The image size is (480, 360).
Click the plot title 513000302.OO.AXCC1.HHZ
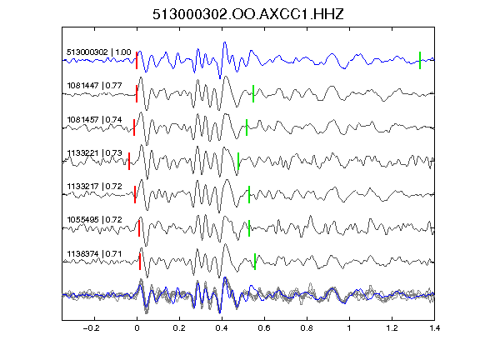248,14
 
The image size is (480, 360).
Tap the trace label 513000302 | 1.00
99,52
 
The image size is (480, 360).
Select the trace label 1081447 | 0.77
95,85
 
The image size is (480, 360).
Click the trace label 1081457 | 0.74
95,119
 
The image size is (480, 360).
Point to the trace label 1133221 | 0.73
95,152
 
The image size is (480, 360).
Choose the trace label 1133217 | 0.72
95,186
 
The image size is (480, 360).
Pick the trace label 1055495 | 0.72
95,219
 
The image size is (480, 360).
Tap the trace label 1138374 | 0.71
95,254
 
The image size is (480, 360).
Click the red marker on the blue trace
137,60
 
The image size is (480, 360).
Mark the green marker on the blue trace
420,60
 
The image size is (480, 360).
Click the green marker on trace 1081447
253,93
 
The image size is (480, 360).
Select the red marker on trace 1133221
129,161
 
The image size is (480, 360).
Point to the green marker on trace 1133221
238,161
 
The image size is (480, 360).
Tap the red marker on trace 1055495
139,228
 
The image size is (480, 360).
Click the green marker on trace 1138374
255,262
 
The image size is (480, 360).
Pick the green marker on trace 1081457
247,127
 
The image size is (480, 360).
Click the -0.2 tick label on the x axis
92,328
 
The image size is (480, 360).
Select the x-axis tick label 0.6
264,328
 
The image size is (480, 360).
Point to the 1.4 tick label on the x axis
434,328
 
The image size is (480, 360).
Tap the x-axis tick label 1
349,328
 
